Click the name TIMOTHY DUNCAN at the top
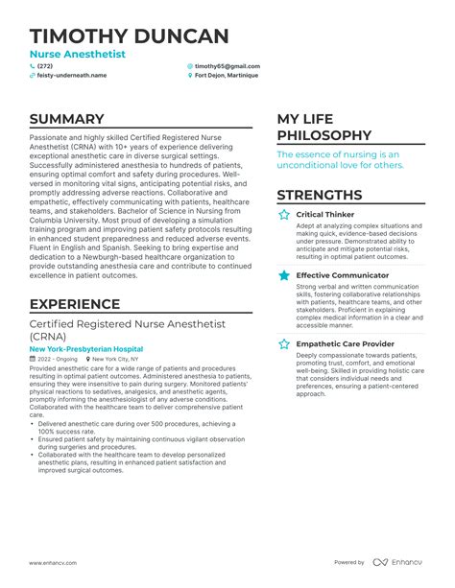click(130, 36)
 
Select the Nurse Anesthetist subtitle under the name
click(77, 55)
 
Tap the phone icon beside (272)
click(33, 65)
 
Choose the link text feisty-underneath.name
click(70, 74)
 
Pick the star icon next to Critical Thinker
click(283, 215)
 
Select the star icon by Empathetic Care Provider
click(283, 342)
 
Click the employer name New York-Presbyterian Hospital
click(86, 349)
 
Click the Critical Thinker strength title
click(325, 215)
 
